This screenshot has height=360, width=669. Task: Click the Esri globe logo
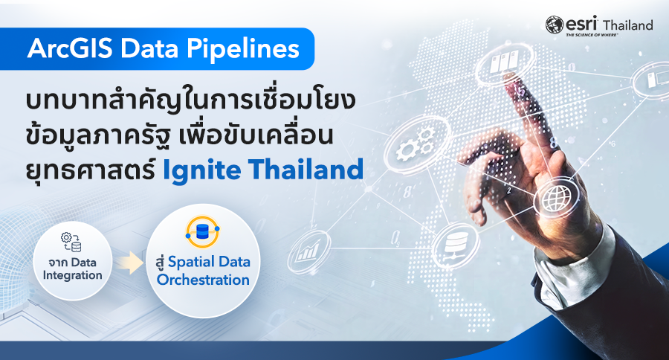pos(554,25)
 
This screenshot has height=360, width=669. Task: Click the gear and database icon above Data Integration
pos(71,241)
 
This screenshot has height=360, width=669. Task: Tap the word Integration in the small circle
pos(72,275)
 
